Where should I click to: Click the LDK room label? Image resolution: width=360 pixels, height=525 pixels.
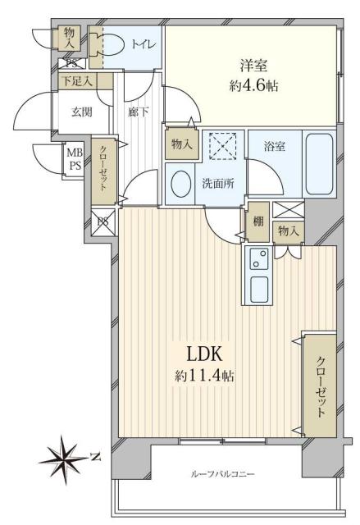tap(203, 354)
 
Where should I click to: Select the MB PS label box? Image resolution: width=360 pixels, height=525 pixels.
tap(74, 157)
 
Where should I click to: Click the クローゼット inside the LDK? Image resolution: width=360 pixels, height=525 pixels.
tap(319, 385)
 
